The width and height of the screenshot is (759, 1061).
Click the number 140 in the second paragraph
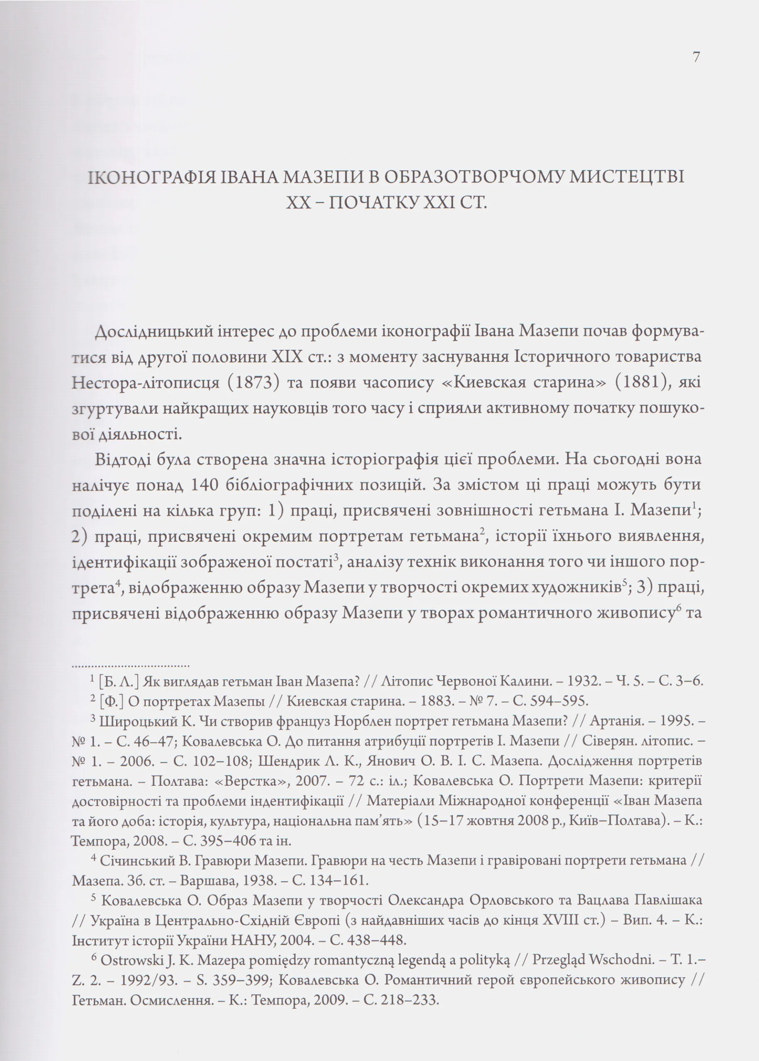(206, 485)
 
